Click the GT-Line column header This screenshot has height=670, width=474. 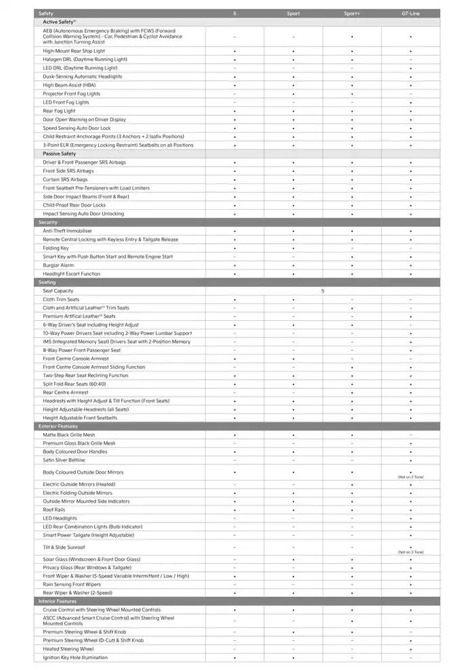(410, 14)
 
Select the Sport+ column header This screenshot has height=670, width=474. (352, 14)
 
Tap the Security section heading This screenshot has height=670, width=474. (48, 223)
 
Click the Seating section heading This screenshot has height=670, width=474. (47, 282)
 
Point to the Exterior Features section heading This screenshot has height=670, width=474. (58, 426)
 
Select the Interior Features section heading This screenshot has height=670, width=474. (58, 601)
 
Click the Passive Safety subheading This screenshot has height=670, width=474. (59, 154)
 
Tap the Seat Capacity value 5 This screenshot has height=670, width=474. (323, 291)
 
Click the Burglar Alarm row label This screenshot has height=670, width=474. (58, 265)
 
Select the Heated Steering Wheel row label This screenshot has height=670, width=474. (68, 649)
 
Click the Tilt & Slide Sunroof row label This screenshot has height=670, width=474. (64, 547)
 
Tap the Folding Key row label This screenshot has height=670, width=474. (56, 248)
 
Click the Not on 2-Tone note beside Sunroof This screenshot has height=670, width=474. (410, 552)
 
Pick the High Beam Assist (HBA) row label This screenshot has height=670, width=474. (69, 85)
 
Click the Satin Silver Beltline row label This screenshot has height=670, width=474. (64, 460)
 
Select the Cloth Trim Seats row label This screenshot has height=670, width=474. (61, 299)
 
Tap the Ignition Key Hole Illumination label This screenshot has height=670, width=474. (75, 657)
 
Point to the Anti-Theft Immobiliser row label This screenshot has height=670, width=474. (67, 231)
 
